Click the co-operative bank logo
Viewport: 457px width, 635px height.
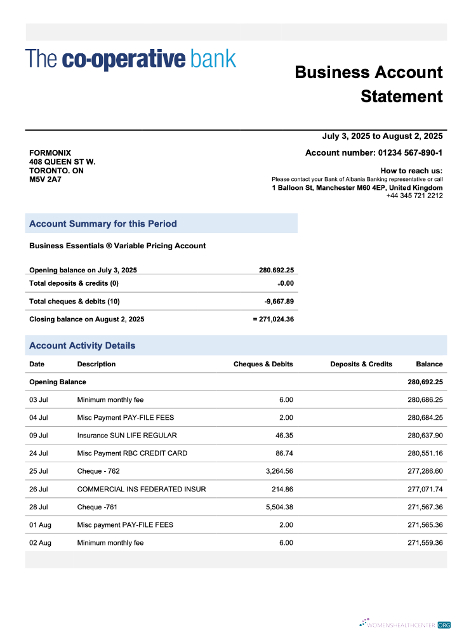point(131,59)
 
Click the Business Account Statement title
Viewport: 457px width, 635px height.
point(369,84)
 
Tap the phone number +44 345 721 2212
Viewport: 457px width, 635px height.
point(414,196)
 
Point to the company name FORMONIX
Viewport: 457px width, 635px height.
point(50,153)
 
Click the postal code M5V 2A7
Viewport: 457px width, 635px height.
point(45,180)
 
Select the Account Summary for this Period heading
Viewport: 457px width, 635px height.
point(103,224)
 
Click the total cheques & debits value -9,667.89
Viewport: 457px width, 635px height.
point(279,301)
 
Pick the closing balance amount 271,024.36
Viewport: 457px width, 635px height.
point(276,319)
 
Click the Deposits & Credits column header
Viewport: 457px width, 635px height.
point(361,364)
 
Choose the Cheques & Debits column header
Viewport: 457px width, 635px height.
point(263,364)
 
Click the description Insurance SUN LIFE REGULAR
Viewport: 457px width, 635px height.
point(127,436)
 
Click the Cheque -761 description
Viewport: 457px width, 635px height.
point(97,507)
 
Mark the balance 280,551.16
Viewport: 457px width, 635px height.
point(425,453)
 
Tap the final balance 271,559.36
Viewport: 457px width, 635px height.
point(425,543)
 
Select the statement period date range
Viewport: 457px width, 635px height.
point(382,137)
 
